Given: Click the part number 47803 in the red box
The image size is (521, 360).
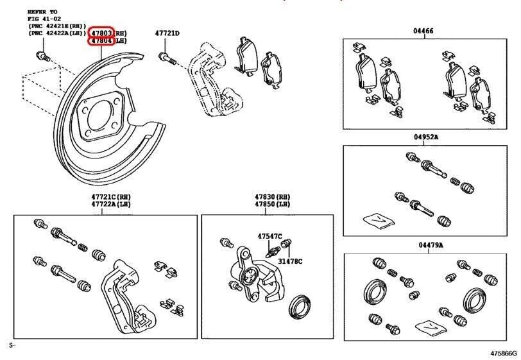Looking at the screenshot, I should point(101,32).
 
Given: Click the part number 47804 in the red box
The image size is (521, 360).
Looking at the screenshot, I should point(101,40).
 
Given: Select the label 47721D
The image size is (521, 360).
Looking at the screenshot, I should point(167,33).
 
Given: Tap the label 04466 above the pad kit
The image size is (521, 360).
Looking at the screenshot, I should point(423,31).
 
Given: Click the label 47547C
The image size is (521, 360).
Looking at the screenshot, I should point(271,236).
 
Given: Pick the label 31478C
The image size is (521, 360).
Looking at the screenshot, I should point(290,261).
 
